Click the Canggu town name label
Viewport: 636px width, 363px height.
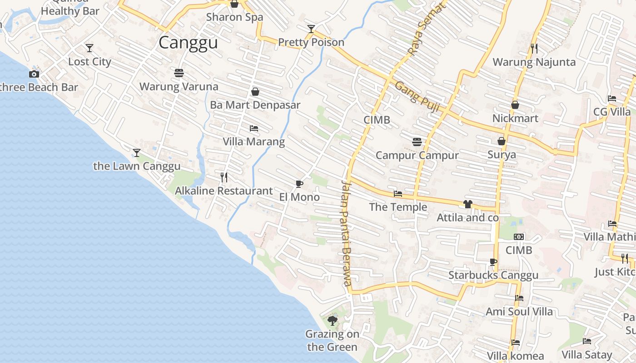click(188, 43)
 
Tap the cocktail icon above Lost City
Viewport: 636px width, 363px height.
click(89, 48)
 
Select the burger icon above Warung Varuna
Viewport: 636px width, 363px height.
click(179, 73)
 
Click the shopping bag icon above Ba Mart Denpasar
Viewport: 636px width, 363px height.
click(255, 92)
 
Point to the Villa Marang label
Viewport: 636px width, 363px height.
click(253, 142)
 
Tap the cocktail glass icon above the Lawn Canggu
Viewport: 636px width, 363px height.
click(137, 152)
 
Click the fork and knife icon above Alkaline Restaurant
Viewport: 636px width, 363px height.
click(224, 177)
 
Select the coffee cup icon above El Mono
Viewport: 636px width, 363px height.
click(299, 184)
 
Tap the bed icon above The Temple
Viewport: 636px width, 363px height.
click(398, 194)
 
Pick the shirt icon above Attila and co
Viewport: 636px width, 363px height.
click(468, 204)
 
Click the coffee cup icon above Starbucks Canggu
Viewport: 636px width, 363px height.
click(493, 262)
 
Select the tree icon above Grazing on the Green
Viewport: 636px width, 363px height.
click(333, 321)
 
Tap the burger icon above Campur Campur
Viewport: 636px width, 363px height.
click(417, 142)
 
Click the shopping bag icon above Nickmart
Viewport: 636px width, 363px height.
click(515, 105)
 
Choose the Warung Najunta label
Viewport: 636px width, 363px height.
click(534, 62)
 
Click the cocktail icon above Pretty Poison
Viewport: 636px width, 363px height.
click(311, 29)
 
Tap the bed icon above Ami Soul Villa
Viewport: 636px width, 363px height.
click(519, 298)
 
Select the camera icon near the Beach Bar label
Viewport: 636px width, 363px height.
click(34, 74)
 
